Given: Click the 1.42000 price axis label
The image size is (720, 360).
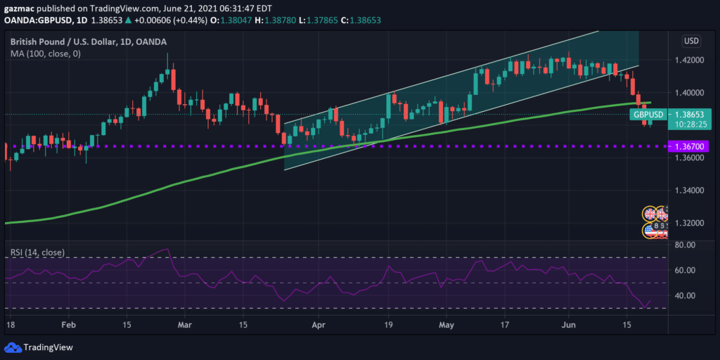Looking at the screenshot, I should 689,60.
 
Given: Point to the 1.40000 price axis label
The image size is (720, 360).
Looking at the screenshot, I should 689,93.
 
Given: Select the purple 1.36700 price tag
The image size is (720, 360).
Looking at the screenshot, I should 688,146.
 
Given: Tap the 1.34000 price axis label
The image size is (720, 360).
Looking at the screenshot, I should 689,191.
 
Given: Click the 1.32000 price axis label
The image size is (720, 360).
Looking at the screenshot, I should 689,223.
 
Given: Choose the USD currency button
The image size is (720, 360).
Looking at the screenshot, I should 692,40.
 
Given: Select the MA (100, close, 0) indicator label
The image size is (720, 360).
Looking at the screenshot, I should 45,53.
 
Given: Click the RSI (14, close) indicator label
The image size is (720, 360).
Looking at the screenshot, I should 37,252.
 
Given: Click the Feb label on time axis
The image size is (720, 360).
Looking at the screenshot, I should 69,326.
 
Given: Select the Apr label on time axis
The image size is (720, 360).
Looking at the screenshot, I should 319,326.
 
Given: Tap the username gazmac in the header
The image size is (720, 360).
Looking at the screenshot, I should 20,7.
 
